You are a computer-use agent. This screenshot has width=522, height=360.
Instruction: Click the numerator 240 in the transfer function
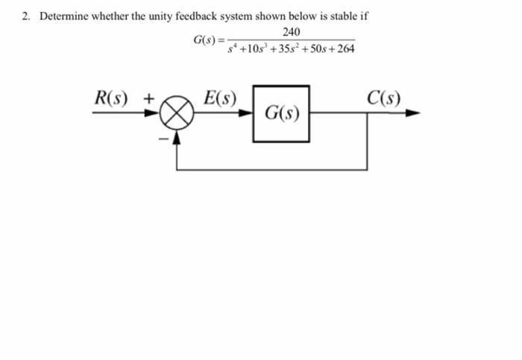coord(292,31)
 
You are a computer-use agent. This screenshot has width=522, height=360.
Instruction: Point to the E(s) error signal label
coord(221,98)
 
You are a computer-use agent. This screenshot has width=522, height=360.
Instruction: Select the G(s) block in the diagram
coord(282,114)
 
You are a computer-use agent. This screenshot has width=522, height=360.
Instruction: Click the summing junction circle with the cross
coord(177,114)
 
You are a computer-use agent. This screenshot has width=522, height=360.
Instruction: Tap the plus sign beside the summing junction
coord(150,98)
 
